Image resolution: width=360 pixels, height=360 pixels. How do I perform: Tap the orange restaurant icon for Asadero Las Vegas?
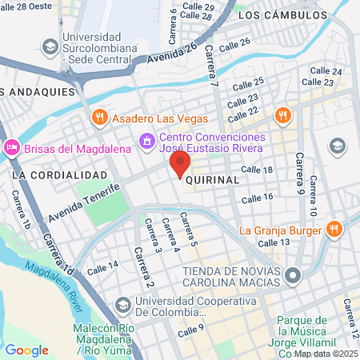[99, 117]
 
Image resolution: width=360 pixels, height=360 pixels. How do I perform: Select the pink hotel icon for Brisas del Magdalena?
[12, 147]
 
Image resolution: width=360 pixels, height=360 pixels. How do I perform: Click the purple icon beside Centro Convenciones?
[146, 141]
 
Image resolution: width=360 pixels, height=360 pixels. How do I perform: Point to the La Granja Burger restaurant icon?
[334, 230]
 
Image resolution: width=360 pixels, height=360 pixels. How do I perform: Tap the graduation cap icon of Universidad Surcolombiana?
[50, 46]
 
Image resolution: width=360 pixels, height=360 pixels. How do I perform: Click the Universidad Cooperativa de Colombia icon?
[122, 305]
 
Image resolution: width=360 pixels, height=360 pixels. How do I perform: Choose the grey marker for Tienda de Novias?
[294, 276]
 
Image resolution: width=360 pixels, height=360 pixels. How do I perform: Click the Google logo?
[26, 350]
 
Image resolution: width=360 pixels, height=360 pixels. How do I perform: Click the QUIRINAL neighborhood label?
[212, 180]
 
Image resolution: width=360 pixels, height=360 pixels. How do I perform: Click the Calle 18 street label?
[258, 170]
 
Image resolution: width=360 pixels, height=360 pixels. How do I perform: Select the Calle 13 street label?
[274, 242]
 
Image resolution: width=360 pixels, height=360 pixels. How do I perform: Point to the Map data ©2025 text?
[326, 353]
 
